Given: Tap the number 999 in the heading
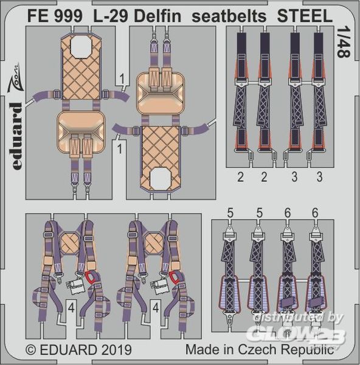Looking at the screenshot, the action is coord(69,16).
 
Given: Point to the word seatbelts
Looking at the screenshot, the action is coord(229,16).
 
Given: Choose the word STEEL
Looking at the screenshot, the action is coord(305,16).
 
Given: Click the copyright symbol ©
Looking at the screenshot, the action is coord(31,350).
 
